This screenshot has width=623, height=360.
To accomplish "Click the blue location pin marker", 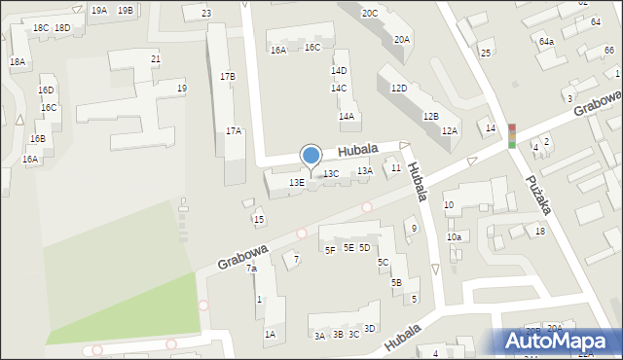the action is coord(311,157).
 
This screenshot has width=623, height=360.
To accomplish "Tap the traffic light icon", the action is coord(512,135).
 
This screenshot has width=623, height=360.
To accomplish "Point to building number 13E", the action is coord(297,182).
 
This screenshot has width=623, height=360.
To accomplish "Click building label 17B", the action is coord(227,76).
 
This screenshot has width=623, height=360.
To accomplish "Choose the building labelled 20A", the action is coord(402,40).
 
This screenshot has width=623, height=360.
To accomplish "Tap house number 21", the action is coord(156,59).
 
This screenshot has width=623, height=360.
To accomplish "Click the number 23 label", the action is coord(206,14).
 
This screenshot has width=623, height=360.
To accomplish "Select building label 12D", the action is coord(399,88).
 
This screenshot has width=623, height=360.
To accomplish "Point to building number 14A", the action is coord(347,116).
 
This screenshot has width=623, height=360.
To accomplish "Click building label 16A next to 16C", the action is coord(278,50).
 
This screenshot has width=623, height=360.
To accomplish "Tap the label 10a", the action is coord(454,237).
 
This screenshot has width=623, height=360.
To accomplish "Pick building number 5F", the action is coord(330,250).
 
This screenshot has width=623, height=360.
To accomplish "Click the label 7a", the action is coord(251,269).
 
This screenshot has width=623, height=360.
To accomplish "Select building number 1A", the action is coord(270,334).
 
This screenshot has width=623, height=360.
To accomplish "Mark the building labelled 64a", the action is coord(546,42).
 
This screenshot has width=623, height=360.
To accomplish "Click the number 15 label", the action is coord(258,220).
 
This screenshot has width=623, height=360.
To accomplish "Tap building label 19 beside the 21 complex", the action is coord(182,89).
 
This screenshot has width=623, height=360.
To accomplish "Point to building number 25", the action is coord(486,53).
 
